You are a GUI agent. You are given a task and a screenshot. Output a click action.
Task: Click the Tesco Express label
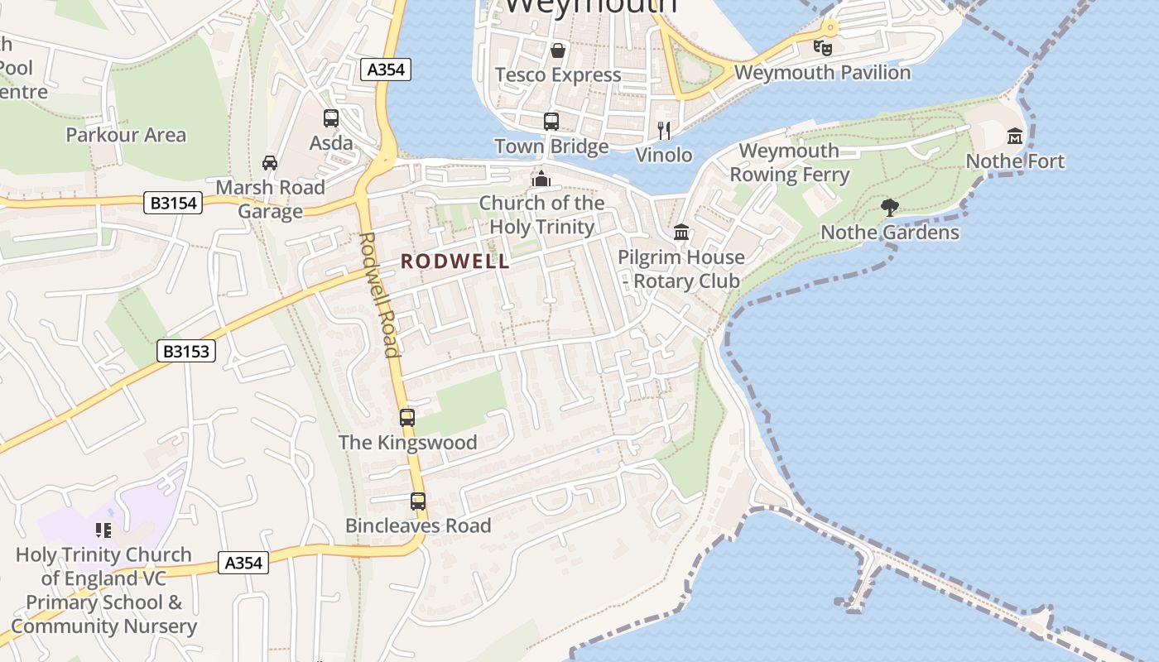[x=558, y=75]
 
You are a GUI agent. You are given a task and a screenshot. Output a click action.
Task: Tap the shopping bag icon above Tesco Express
[x=558, y=50]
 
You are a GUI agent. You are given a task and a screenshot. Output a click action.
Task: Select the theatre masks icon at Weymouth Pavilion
[x=822, y=48]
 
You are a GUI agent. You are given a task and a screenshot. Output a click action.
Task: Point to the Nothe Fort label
[x=1015, y=161]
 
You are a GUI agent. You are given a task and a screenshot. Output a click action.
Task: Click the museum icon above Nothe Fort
[x=1015, y=136]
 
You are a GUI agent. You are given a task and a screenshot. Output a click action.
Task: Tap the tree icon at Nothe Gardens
[x=890, y=208]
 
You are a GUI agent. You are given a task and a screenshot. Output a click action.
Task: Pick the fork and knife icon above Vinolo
[x=663, y=130]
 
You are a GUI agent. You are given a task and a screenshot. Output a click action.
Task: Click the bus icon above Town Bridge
[x=551, y=122]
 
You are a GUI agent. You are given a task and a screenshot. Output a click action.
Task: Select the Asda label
[x=331, y=143]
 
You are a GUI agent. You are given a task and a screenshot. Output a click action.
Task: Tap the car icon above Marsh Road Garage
[x=270, y=162]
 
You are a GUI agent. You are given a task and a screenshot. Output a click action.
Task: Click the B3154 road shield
[x=173, y=202]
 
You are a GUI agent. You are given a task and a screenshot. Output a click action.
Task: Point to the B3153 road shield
[x=186, y=352]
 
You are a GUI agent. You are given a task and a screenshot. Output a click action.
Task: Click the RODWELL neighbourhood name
[x=455, y=261]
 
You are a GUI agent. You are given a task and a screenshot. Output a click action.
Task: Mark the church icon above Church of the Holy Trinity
[x=541, y=178]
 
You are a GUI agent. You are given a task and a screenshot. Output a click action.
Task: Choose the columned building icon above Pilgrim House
[x=681, y=233]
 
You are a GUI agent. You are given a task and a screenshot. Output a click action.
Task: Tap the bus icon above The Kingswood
[x=407, y=418]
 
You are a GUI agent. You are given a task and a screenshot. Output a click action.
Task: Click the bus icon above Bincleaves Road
[x=418, y=501]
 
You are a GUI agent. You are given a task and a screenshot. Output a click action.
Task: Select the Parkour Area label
[x=126, y=135]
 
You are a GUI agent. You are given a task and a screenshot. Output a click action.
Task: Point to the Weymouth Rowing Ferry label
[x=789, y=162]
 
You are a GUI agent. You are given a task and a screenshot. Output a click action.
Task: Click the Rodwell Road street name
[x=380, y=294]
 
